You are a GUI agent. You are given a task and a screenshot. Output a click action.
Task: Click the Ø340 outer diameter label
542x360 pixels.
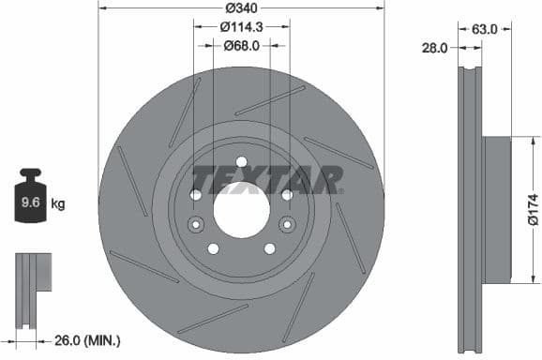[x=241, y=8]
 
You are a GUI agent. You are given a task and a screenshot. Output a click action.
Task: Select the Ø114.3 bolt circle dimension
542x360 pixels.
[x=241, y=27]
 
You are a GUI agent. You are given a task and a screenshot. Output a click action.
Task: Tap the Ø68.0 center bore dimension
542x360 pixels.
[x=241, y=45]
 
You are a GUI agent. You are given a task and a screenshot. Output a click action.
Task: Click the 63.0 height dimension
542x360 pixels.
[x=484, y=29]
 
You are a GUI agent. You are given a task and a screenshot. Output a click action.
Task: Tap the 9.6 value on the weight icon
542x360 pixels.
[x=30, y=201]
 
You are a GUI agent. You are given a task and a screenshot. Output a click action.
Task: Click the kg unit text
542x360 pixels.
[x=57, y=202]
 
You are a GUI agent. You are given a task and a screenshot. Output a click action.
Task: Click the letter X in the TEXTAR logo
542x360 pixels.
[x=261, y=178]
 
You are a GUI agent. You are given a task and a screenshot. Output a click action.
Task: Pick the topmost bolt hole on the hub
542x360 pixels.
[x=241, y=161]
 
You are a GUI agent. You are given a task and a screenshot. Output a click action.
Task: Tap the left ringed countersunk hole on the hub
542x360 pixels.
[x=195, y=224]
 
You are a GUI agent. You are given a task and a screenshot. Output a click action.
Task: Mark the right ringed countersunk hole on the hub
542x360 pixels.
[x=287, y=224]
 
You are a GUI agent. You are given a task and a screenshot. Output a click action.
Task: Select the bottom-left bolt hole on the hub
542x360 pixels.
[x=213, y=248]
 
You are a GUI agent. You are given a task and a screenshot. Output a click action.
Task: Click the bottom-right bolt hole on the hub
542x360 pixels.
[x=269, y=248]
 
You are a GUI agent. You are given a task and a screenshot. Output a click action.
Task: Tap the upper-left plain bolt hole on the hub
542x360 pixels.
[x=195, y=194]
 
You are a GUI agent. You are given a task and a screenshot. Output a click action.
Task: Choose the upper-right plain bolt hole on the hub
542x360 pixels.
[x=287, y=194]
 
